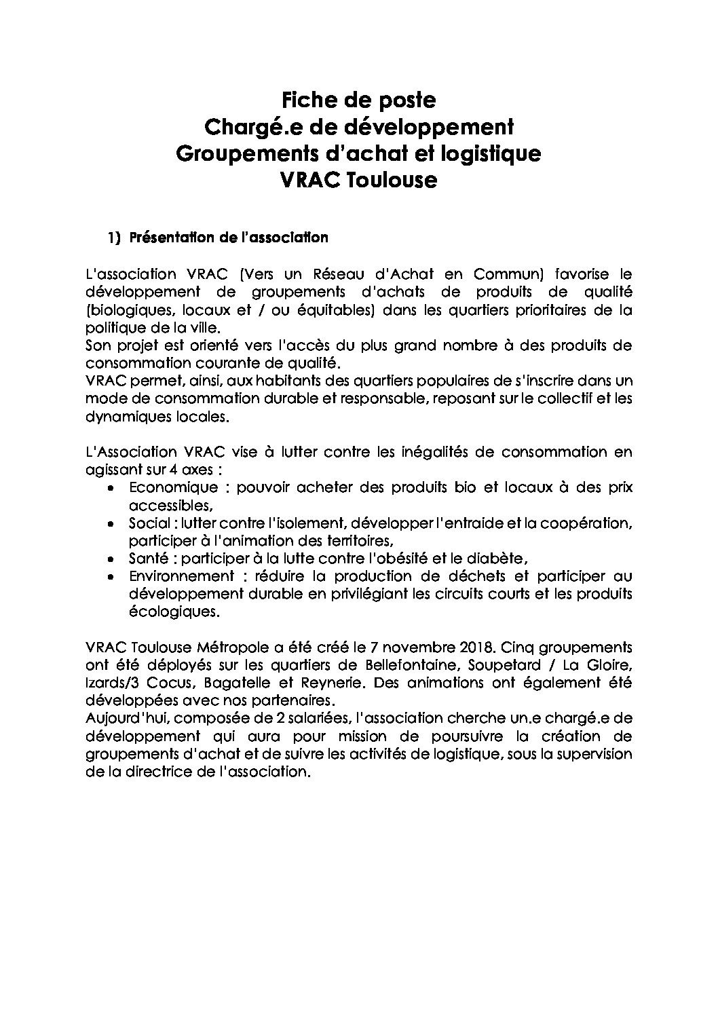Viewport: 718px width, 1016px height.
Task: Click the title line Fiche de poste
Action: coord(358,100)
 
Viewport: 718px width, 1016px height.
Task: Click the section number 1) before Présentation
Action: coord(113,238)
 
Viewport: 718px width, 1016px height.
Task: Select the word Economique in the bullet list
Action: coord(174,487)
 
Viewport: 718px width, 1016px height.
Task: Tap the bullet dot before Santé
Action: coord(111,559)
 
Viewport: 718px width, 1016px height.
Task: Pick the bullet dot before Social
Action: coord(111,524)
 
